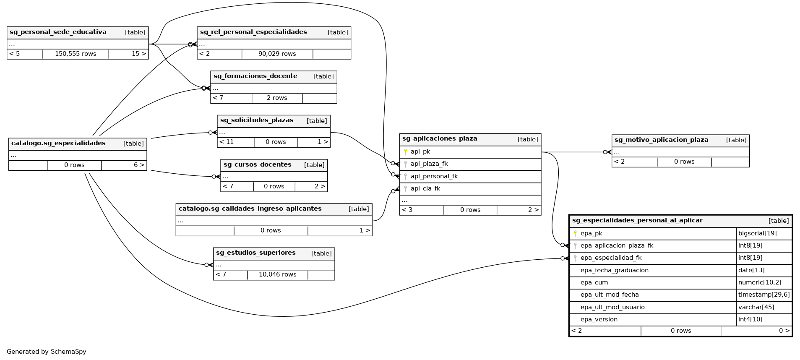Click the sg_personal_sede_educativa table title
click(x=58, y=32)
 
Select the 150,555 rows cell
click(x=76, y=54)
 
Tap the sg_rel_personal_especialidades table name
click(x=253, y=32)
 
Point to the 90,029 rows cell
click(x=277, y=54)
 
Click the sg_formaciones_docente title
click(x=255, y=76)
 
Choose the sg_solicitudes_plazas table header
click(x=257, y=120)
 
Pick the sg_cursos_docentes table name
click(x=257, y=165)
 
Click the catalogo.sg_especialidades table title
click(x=58, y=143)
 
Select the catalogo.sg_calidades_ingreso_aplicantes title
click(x=250, y=209)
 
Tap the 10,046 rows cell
click(x=277, y=274)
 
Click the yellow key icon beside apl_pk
click(x=405, y=152)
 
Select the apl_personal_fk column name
click(x=434, y=177)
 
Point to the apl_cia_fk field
click(x=425, y=189)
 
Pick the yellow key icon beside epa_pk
click(x=575, y=234)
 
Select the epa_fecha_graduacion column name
click(x=614, y=271)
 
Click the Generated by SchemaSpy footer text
click(x=47, y=352)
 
